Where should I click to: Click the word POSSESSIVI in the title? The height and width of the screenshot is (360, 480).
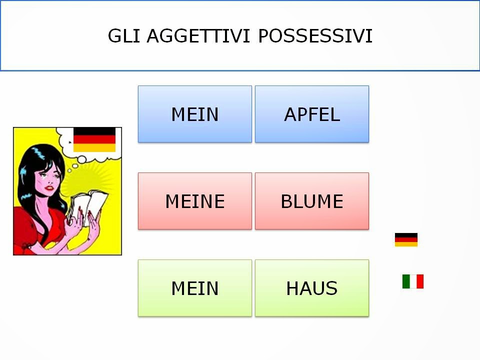pos(315,36)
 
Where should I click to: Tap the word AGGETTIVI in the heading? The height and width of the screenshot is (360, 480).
pos(196,36)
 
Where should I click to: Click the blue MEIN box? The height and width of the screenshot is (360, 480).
pos(195,114)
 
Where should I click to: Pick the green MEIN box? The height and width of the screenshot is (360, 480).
pos(195,288)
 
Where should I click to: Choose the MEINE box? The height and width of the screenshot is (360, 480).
pos(195,201)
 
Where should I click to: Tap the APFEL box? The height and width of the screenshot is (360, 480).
pos(312,114)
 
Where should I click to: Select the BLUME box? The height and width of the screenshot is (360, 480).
pos(312,201)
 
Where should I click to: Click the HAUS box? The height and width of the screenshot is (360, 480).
pos(312,288)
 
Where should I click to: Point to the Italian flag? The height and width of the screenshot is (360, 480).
pos(413,281)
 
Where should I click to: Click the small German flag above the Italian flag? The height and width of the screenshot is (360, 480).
pos(406,239)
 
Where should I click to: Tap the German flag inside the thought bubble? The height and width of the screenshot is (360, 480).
pos(94,139)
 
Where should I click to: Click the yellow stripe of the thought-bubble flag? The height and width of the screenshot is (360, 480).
pos(94,148)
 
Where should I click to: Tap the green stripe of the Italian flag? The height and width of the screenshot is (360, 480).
pos(406,281)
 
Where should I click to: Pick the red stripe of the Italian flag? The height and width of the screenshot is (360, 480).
pos(420,281)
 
